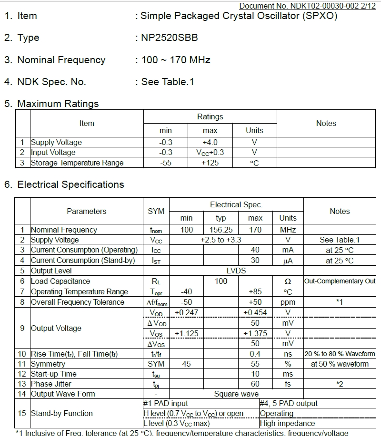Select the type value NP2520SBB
pyautogui.click(x=169, y=38)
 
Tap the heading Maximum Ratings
pyautogui.click(x=58, y=104)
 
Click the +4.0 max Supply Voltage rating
pyautogui.click(x=210, y=142)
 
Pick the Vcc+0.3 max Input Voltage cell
pyautogui.click(x=210, y=153)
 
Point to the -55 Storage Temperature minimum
pyautogui.click(x=166, y=163)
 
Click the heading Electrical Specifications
pyautogui.click(x=70, y=184)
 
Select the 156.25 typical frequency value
pyautogui.click(x=221, y=230)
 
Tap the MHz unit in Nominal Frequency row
pyautogui.click(x=288, y=230)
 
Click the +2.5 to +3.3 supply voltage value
pyautogui.click(x=221, y=240)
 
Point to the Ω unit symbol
pyautogui.click(x=288, y=281)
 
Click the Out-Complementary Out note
pyautogui.click(x=340, y=281)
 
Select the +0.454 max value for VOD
pyautogui.click(x=255, y=312)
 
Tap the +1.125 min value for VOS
pyautogui.click(x=187, y=333)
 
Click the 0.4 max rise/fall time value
pyautogui.click(x=255, y=354)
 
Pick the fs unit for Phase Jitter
pyautogui.click(x=288, y=384)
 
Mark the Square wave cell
pyautogui.click(x=236, y=394)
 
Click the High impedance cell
pyautogui.click(x=287, y=423)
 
